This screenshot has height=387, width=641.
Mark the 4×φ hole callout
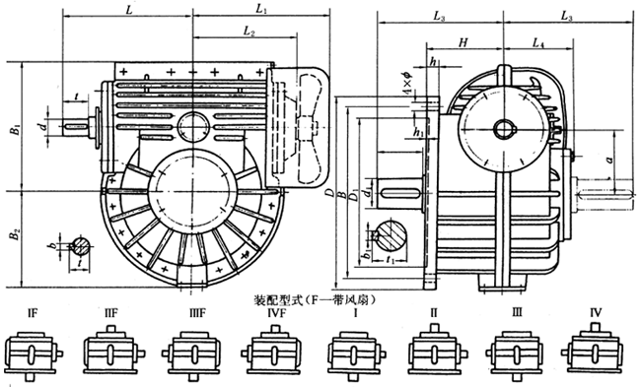click(405, 86)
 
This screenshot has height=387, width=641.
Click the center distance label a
click(610, 158)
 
